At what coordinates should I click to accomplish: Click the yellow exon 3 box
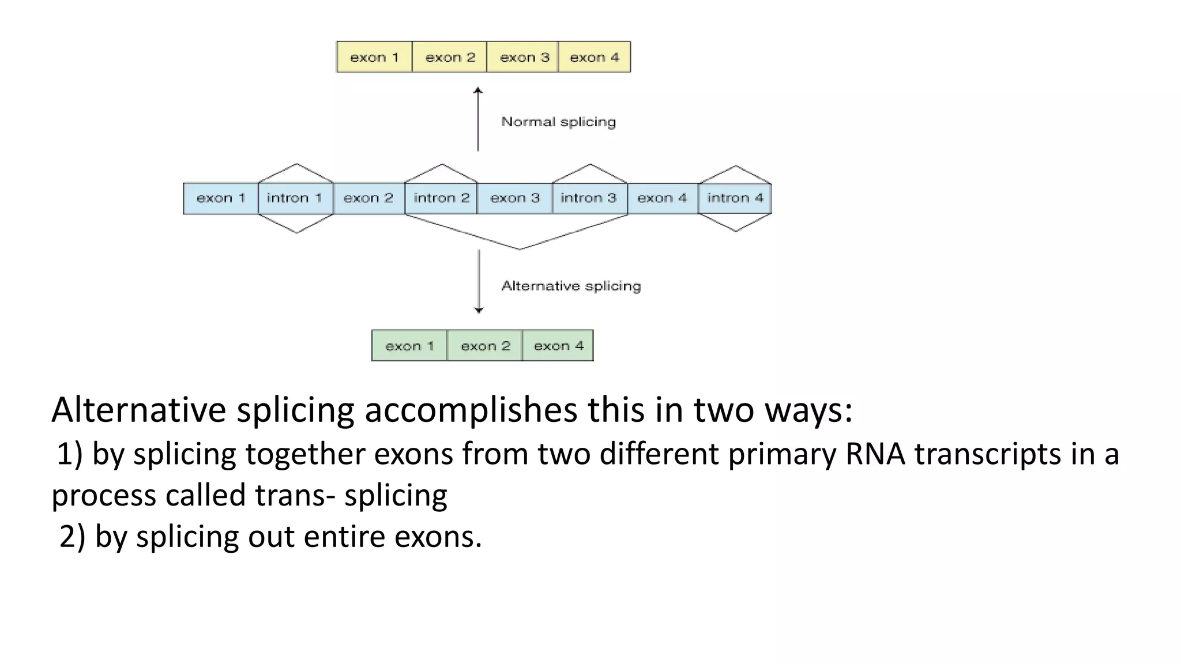(523, 57)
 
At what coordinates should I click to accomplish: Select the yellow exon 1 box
(374, 57)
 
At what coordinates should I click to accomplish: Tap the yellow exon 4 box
(595, 57)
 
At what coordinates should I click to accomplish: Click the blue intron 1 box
(295, 198)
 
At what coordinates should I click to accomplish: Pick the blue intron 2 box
(441, 198)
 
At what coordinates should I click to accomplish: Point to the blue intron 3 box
(589, 198)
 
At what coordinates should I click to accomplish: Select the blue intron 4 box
(735, 198)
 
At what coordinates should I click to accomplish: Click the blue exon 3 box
(515, 198)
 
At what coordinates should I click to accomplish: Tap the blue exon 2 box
(368, 198)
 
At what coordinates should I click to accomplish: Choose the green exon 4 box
(558, 346)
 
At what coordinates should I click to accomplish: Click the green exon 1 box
(409, 346)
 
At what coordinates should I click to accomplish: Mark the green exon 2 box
(485, 346)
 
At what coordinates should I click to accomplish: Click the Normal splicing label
(558, 122)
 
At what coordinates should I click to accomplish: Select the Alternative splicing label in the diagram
(571, 286)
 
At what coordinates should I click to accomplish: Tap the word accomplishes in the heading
(471, 410)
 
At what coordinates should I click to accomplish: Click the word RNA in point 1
(875, 454)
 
